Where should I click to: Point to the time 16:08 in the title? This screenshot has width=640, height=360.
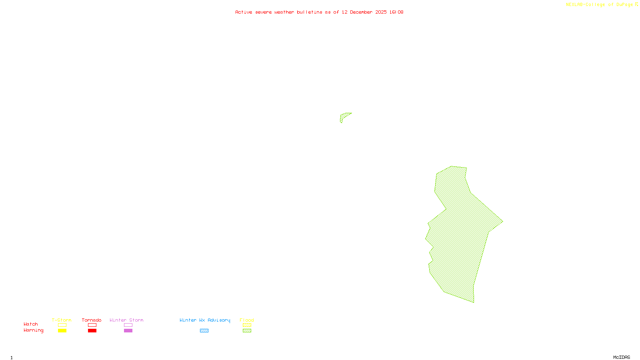[396, 12]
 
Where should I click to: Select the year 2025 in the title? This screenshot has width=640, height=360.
[381, 12]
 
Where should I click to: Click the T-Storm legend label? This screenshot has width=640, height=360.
[62, 320]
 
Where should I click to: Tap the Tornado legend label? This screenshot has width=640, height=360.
[92, 320]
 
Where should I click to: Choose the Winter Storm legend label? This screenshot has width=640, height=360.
[126, 320]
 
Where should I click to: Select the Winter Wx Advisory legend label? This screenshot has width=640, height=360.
[205, 320]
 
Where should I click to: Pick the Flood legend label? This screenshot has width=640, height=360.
[247, 320]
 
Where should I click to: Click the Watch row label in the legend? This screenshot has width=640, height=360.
[31, 324]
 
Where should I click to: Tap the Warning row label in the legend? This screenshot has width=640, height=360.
[33, 330]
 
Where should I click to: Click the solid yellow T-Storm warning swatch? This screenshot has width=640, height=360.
[62, 331]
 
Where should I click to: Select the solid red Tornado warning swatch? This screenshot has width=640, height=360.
[92, 331]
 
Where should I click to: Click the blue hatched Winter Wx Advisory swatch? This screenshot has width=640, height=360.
[204, 331]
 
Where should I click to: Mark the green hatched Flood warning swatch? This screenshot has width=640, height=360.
[247, 331]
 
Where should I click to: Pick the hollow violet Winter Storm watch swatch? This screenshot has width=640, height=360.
[128, 325]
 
